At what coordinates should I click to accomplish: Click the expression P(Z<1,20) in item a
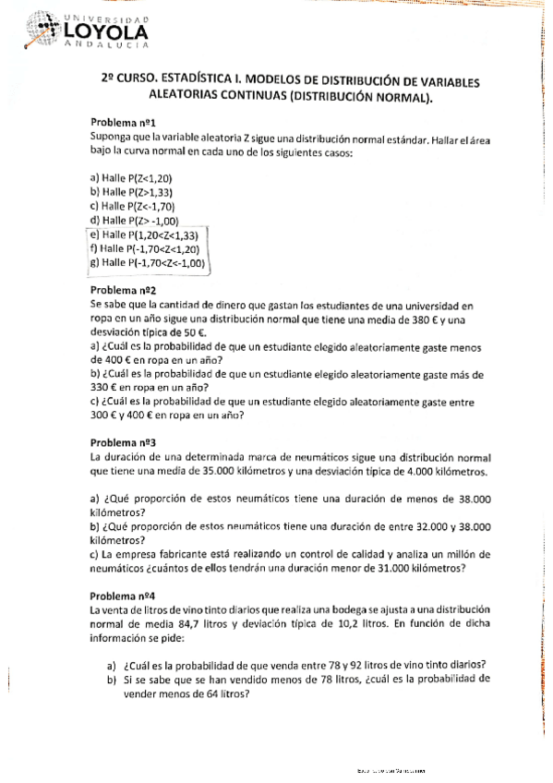(x=150, y=178)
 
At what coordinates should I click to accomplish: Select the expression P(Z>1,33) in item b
(x=150, y=192)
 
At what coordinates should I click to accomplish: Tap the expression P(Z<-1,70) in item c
(x=151, y=206)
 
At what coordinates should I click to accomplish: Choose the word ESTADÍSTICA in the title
(x=186, y=81)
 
